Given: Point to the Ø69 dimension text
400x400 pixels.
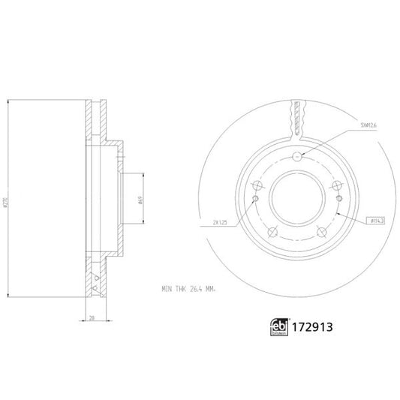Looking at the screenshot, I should [x=141, y=200].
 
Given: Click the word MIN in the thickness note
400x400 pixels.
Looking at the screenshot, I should [x=168, y=287].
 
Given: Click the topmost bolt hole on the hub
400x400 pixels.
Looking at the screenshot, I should [x=298, y=157].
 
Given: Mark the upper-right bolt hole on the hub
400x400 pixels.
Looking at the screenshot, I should [x=337, y=185].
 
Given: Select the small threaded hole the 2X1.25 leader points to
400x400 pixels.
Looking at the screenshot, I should [x=255, y=198].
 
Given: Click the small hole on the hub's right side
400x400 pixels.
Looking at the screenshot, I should [x=341, y=198].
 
